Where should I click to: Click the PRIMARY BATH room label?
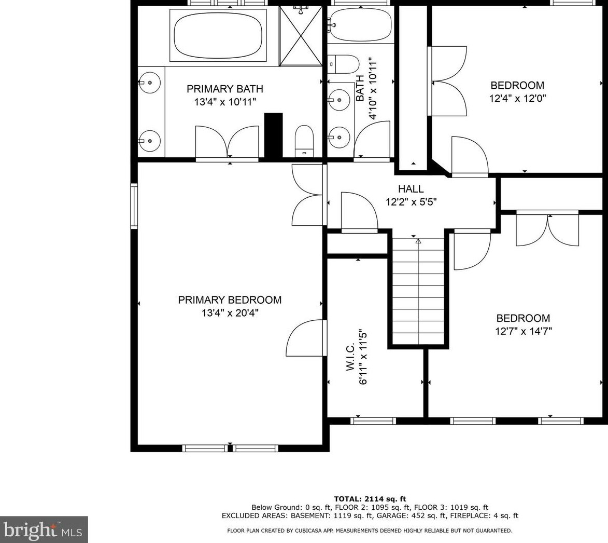pyautogui.click(x=225, y=89)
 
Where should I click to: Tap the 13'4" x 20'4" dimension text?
pyautogui.click(x=230, y=313)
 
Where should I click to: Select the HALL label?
pyautogui.click(x=411, y=189)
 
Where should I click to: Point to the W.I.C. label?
pyautogui.click(x=350, y=357)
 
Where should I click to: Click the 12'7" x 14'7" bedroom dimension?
pyautogui.click(x=524, y=331)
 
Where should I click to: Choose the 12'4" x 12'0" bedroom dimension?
pyautogui.click(x=518, y=98)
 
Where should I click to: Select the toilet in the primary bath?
pyautogui.click(x=304, y=141)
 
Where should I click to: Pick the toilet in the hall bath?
pyautogui.click(x=344, y=64)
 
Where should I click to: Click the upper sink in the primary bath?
pyautogui.click(x=149, y=83)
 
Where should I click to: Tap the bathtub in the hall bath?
pyautogui.click(x=360, y=24)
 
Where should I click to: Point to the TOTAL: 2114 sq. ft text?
pyautogui.click(x=370, y=499)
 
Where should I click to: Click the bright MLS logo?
pyautogui.click(x=44, y=530)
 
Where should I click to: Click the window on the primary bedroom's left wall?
pyautogui.click(x=134, y=206)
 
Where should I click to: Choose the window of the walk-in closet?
pyautogui.click(x=373, y=420)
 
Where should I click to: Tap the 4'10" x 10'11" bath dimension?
pyautogui.click(x=373, y=89)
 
